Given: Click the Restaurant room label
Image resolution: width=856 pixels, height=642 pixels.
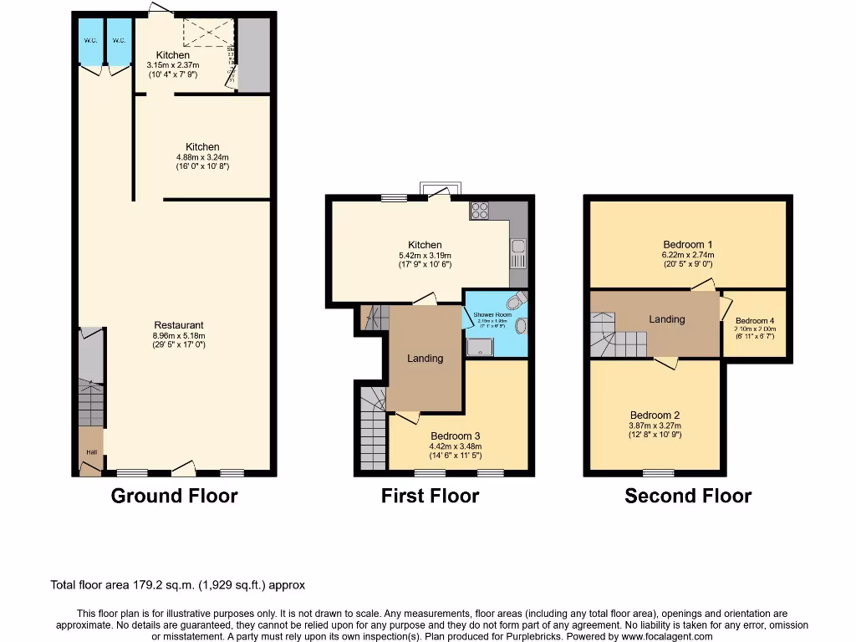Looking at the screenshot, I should point(179,325).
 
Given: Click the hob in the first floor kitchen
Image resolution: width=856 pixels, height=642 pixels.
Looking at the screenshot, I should point(480,211).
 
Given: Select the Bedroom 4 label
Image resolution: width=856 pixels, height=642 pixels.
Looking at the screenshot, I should point(755,321).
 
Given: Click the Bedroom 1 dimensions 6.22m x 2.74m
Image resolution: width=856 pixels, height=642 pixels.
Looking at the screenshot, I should point(689,255).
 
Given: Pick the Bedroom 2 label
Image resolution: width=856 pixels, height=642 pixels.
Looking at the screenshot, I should point(655,415).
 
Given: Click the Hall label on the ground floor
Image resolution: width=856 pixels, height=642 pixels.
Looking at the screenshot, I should point(90,452).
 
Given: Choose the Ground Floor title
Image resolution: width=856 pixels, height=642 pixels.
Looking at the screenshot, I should point(174,496).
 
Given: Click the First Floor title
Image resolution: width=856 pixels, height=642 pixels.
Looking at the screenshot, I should point(430,496).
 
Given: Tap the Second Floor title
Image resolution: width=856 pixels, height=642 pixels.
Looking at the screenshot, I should point(688,496).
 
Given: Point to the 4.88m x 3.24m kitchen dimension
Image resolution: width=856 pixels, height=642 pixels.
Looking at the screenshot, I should point(202,157).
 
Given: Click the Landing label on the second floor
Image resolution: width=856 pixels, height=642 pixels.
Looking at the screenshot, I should point(666,318).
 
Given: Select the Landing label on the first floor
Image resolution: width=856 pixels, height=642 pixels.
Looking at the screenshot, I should point(425,358).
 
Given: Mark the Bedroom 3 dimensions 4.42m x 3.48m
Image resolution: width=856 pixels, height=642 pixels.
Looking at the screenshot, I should point(456,446).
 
